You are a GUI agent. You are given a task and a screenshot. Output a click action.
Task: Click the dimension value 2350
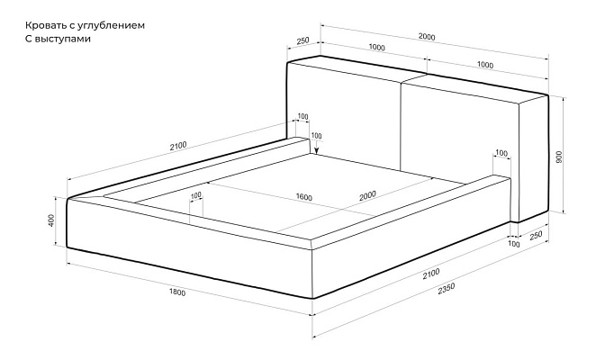[x=447, y=289]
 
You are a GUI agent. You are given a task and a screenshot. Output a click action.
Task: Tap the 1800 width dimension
[x=177, y=292]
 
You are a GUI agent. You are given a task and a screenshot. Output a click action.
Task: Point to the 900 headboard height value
[x=559, y=157]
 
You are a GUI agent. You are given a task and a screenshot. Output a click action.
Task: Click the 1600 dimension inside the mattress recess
[x=304, y=197]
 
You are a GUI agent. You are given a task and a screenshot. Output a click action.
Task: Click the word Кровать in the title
[x=42, y=25]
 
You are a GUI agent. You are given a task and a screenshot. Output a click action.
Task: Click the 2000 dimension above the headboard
[x=427, y=37]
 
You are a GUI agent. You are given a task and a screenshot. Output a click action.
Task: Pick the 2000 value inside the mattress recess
[x=367, y=195]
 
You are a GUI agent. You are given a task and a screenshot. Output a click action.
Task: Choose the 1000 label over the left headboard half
[x=376, y=48]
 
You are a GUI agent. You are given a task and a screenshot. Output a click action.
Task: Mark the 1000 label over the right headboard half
[x=485, y=65]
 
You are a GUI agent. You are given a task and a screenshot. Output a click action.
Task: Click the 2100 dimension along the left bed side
[x=178, y=146]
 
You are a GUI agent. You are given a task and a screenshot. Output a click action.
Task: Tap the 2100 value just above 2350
[x=431, y=274]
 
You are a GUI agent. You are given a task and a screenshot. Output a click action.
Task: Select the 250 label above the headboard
[x=302, y=40]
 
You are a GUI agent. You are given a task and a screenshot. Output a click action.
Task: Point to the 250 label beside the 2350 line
[x=536, y=236]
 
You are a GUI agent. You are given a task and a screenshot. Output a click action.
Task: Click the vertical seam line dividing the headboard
[x=400, y=126]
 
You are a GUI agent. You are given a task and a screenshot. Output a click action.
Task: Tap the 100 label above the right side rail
[x=501, y=153]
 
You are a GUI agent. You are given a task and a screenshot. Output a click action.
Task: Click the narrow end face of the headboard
[x=533, y=158]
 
